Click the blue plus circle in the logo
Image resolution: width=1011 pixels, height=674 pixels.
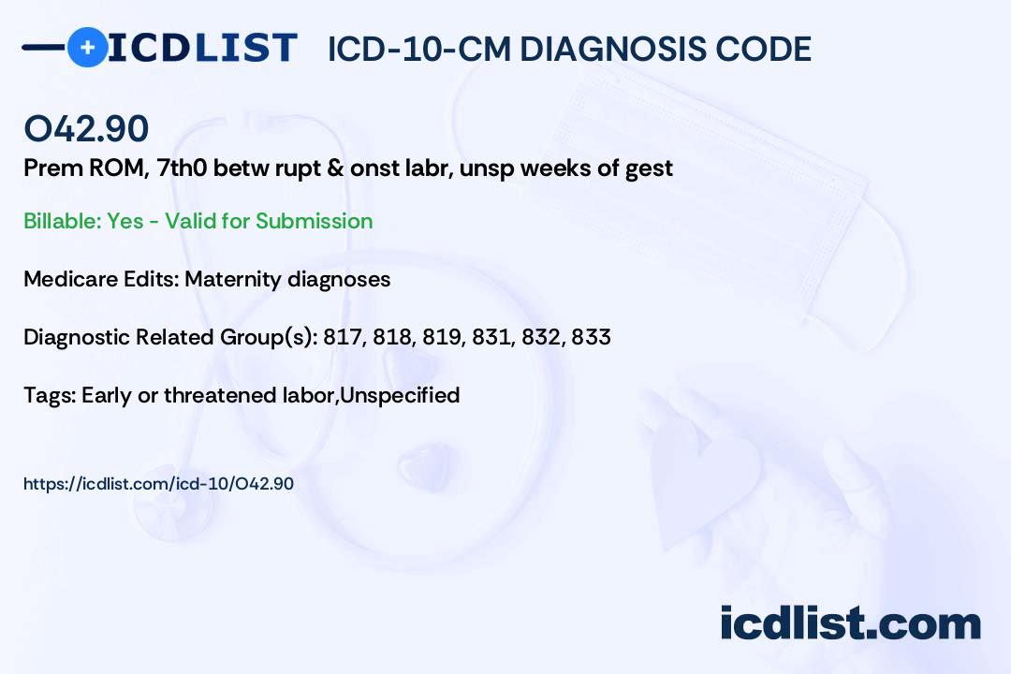(x=88, y=47)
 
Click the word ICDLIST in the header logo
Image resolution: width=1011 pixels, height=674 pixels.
(x=202, y=48)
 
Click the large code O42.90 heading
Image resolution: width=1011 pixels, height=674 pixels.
(x=86, y=128)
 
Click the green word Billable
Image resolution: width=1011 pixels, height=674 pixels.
(x=62, y=221)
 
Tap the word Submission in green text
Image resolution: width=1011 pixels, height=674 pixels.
(x=314, y=221)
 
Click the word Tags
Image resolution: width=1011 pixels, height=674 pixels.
(x=50, y=395)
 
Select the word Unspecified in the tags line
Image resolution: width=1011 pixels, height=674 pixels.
(x=400, y=395)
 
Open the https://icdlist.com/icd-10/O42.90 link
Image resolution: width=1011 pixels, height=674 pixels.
(x=158, y=484)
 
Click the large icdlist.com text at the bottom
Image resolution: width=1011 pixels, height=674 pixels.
(x=850, y=623)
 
